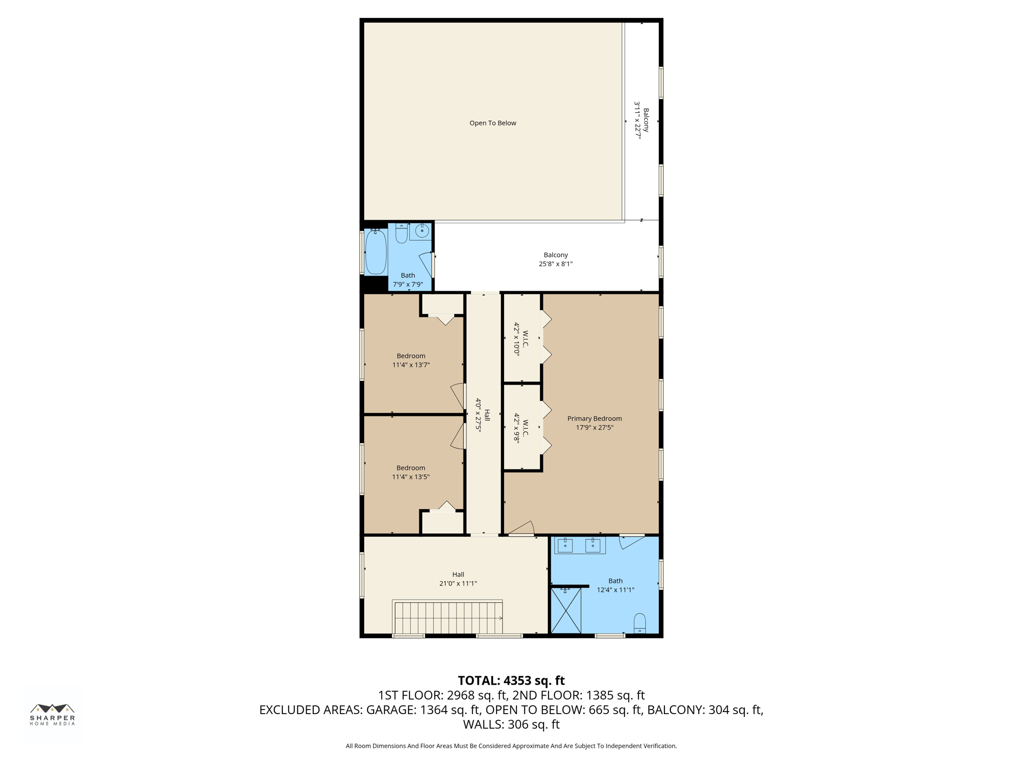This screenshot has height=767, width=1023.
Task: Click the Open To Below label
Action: pyautogui.click(x=493, y=123)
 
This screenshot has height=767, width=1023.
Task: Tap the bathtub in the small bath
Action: pyautogui.click(x=376, y=252)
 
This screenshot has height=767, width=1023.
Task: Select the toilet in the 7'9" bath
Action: pyautogui.click(x=402, y=233)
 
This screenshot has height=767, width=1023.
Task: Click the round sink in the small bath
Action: pyautogui.click(x=422, y=231)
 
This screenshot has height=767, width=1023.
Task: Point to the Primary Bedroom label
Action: pyautogui.click(x=594, y=418)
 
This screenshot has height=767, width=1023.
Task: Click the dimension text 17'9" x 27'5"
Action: pyautogui.click(x=594, y=427)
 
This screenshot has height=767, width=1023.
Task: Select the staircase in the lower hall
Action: pyautogui.click(x=448, y=618)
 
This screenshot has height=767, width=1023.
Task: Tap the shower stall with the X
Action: pyautogui.click(x=566, y=611)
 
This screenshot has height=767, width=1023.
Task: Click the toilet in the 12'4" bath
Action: pyautogui.click(x=639, y=623)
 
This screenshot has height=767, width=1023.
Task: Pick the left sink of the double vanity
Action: pyautogui.click(x=565, y=545)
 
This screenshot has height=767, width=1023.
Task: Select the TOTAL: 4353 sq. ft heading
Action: pyautogui.click(x=511, y=681)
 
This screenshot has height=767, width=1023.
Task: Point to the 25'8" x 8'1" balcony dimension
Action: pyautogui.click(x=555, y=264)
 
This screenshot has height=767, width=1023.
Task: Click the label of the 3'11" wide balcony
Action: pyautogui.click(x=646, y=120)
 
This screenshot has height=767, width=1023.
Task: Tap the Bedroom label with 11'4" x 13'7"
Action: pyautogui.click(x=411, y=356)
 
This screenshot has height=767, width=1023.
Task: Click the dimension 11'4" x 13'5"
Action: pyautogui.click(x=411, y=477)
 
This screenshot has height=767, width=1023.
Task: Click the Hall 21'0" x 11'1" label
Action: pyautogui.click(x=458, y=574)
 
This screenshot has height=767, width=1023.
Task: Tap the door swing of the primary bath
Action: pyautogui.click(x=630, y=541)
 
